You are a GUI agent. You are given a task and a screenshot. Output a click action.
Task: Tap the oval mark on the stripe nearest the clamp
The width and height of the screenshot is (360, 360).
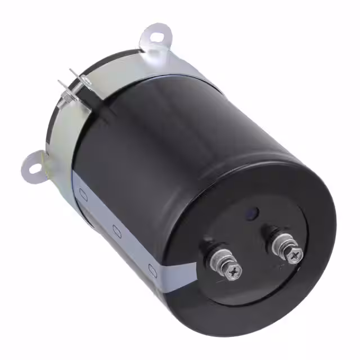(83, 195)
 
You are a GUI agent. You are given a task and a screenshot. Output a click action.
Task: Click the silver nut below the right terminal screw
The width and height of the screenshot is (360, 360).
(282, 245)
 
